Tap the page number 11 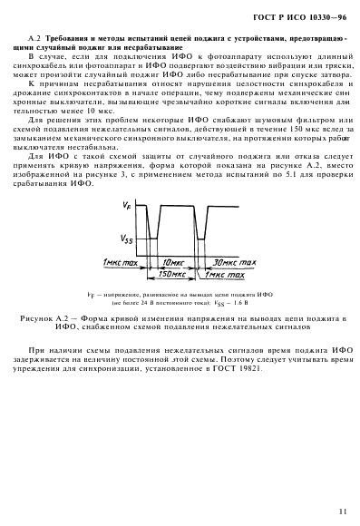(x=340, y=511)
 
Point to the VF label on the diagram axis (x=126, y=208)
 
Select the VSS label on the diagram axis (x=126, y=238)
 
